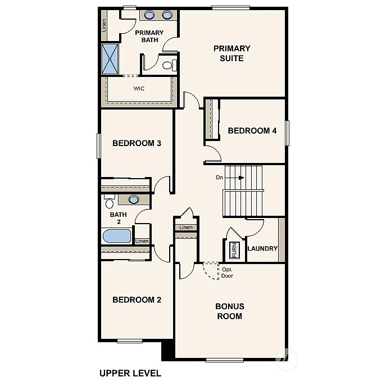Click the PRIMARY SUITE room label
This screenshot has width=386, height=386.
(x=231, y=53)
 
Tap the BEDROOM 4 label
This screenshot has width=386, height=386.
(x=252, y=131)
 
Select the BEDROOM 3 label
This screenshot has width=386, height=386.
(x=137, y=143)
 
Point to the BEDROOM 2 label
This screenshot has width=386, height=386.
(x=137, y=299)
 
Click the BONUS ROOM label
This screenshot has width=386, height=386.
(x=230, y=311)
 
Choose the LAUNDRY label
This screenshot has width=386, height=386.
(x=262, y=248)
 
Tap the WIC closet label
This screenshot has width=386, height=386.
(x=139, y=89)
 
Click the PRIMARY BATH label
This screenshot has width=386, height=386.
(x=149, y=37)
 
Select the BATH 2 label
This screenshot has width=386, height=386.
(x=119, y=218)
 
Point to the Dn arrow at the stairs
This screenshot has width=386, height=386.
(x=230, y=178)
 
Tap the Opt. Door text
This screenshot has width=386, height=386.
(x=226, y=273)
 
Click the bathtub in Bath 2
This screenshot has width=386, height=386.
(x=117, y=236)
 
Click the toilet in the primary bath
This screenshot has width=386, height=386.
(x=167, y=65)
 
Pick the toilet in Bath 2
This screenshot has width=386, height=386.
(x=109, y=202)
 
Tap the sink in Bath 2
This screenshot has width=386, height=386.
(x=134, y=199)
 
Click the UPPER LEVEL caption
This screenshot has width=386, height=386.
(x=130, y=373)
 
